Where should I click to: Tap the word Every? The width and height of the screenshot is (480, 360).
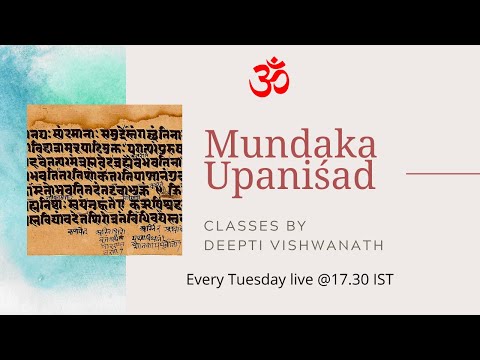(206, 278)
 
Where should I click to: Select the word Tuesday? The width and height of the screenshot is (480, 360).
(261, 278)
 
